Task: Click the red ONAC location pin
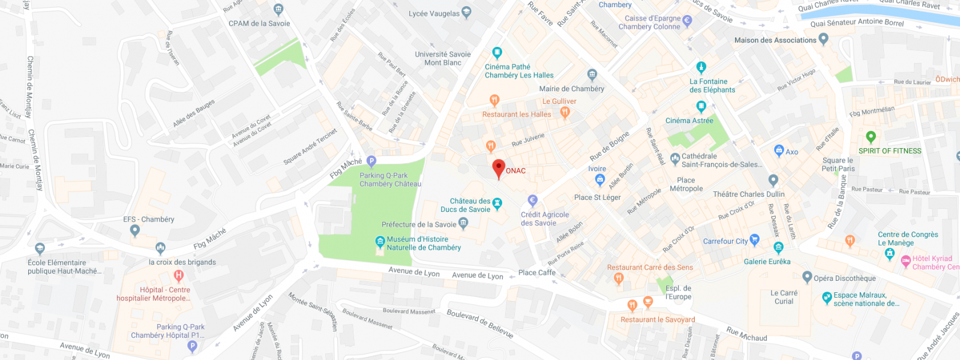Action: [499, 168]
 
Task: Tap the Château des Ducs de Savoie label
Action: [466, 205]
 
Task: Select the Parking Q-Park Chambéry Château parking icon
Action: [371, 161]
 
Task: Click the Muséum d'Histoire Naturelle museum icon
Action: [380, 242]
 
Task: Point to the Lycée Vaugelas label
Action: [434, 14]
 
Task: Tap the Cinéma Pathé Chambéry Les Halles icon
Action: [497, 52]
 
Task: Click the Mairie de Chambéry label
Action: [571, 89]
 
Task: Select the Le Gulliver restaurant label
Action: [559, 101]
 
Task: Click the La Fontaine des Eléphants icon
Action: [701, 67]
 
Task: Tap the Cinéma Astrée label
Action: [689, 121]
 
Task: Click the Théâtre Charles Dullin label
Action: [748, 194]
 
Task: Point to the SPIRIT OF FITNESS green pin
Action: [871, 137]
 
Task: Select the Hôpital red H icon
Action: [178, 276]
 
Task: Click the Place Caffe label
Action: [536, 272]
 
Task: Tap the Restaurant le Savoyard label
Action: [658, 320]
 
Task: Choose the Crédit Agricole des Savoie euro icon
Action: [532, 200]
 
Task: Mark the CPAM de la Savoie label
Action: [259, 23]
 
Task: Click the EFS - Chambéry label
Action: [148, 219]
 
